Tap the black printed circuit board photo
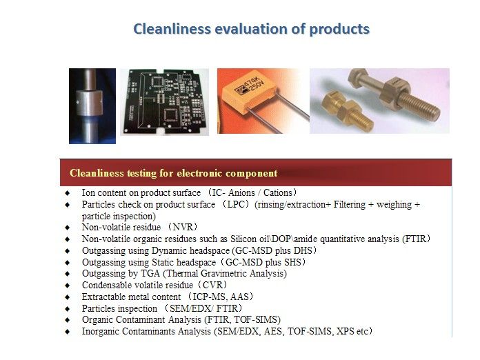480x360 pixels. click(x=164, y=101)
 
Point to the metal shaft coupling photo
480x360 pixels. click(x=92, y=106)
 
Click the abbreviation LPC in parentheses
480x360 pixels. click(x=236, y=205)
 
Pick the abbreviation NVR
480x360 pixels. click(x=183, y=227)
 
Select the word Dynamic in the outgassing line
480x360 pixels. click(x=169, y=251)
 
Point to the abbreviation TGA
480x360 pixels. click(x=150, y=273)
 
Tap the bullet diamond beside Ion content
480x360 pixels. click(x=68, y=193)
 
